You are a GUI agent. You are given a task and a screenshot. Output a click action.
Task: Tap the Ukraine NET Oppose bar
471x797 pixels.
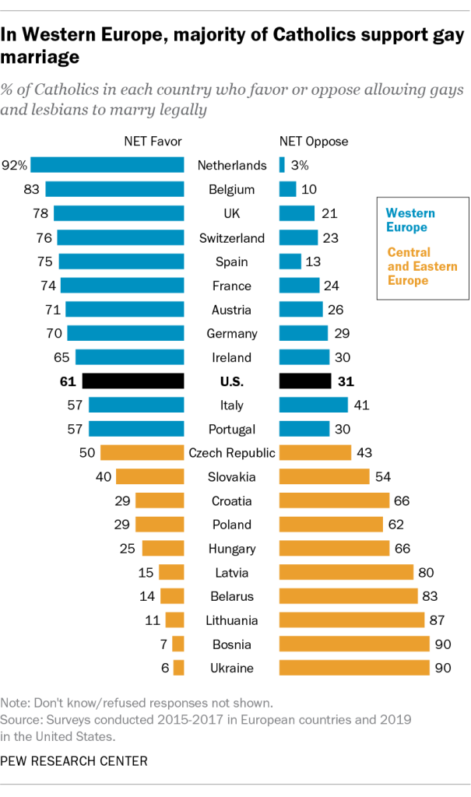(x=354, y=668)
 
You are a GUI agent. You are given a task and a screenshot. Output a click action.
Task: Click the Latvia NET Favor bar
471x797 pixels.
(x=171, y=573)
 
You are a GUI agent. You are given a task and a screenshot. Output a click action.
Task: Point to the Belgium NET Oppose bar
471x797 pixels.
(x=287, y=189)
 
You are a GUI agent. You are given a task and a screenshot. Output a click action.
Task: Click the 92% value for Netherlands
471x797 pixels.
(x=16, y=165)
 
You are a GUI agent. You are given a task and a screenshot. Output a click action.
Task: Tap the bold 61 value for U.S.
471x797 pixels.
(x=68, y=381)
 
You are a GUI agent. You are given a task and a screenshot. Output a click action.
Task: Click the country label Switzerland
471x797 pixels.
(x=231, y=237)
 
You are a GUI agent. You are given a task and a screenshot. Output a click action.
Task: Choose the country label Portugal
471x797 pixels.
(x=231, y=429)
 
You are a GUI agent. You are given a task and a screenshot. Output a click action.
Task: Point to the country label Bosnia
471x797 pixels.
(x=231, y=644)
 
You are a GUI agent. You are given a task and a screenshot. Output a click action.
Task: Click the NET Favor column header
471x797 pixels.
(x=153, y=142)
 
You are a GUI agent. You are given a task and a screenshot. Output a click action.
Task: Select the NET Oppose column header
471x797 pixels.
(x=313, y=142)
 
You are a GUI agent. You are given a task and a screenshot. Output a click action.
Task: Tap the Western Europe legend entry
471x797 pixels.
(x=410, y=220)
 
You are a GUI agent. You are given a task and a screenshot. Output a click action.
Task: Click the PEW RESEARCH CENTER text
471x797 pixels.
(x=76, y=760)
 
